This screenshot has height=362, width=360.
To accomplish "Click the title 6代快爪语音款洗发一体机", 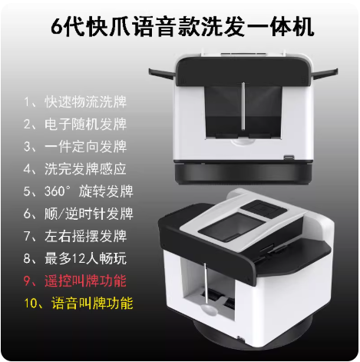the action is (x=182, y=27).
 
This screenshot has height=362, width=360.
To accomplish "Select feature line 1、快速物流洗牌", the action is (x=75, y=102).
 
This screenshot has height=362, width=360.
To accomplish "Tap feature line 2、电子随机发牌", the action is (x=75, y=125).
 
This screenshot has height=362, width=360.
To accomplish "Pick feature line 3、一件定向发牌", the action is (x=75, y=147).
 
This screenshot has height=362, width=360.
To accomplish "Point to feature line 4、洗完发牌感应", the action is (x=75, y=169).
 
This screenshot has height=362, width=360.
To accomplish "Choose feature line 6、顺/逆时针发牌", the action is (x=78, y=214).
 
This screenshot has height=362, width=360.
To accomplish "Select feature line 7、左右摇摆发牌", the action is (x=75, y=236).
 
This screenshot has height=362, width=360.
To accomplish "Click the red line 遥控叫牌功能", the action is (x=85, y=281).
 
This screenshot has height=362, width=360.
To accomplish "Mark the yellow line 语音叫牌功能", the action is (x=92, y=303).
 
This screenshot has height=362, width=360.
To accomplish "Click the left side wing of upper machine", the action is (x=162, y=74).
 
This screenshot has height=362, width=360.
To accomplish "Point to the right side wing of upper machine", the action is (x=325, y=73).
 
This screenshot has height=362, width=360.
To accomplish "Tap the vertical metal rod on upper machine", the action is (x=243, y=106).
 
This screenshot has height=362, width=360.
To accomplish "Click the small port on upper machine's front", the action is (x=289, y=157).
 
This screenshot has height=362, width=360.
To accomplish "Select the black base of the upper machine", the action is (x=243, y=173).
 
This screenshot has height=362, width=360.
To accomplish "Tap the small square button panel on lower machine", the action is (x=264, y=208).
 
